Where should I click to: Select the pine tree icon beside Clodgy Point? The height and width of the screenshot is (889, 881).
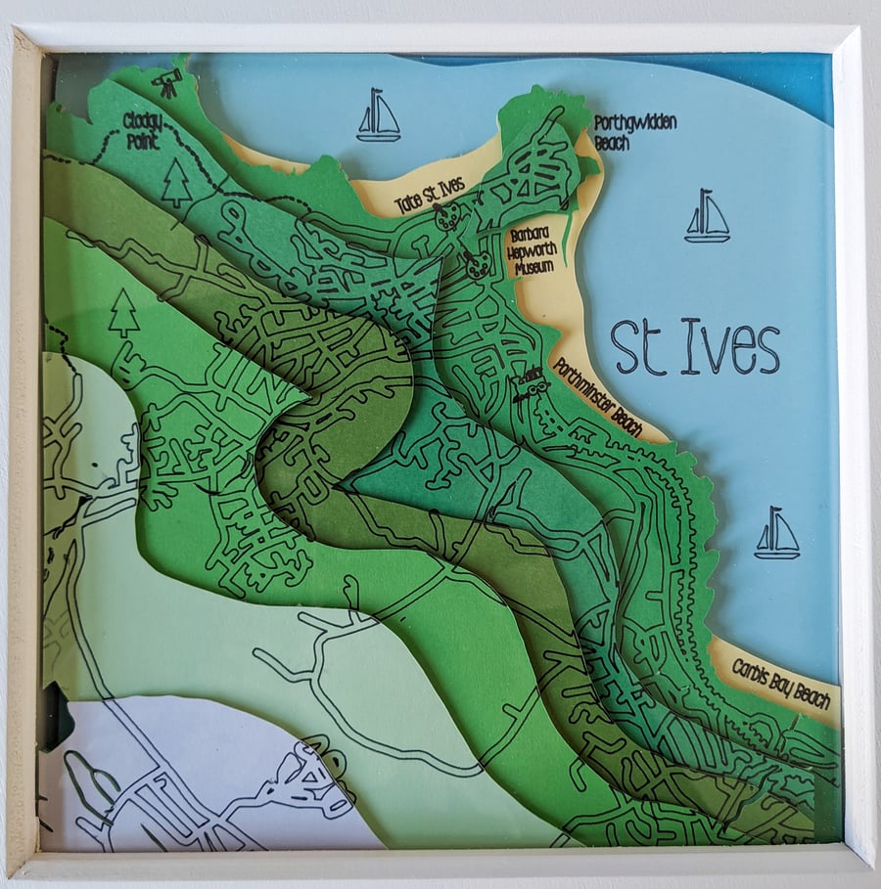click(x=176, y=183)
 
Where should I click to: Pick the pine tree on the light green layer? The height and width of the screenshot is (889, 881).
click(x=123, y=313)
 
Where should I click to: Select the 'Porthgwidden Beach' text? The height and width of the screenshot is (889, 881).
click(x=634, y=132)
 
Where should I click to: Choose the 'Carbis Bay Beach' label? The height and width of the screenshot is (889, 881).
click(x=781, y=684)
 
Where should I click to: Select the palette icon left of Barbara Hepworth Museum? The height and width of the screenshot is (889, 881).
click(x=477, y=264)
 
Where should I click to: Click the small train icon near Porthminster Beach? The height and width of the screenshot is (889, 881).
click(x=529, y=383)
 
